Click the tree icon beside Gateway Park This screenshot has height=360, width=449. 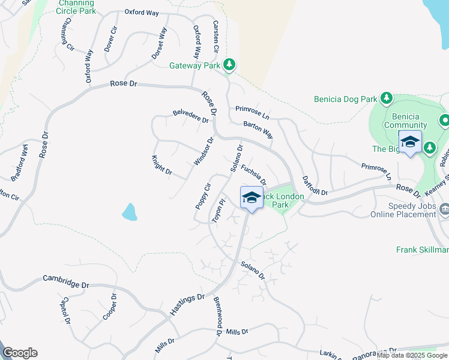[x=228, y=64]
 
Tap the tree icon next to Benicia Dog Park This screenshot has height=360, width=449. [x=387, y=97]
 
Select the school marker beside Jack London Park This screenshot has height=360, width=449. [x=252, y=197]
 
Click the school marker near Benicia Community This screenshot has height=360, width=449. [x=410, y=143]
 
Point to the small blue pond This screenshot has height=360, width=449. [x=129, y=211]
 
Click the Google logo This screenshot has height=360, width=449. [x=20, y=353]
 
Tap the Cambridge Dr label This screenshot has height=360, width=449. [x=66, y=280]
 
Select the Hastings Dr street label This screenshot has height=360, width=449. [x=187, y=305]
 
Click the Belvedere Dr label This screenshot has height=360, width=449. [x=190, y=116]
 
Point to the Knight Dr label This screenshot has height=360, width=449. [x=162, y=166]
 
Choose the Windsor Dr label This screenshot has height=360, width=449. [x=204, y=152]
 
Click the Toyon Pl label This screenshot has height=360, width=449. [x=217, y=212]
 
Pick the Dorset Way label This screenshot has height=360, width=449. [x=158, y=43]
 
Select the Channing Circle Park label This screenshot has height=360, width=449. [x=76, y=7]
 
